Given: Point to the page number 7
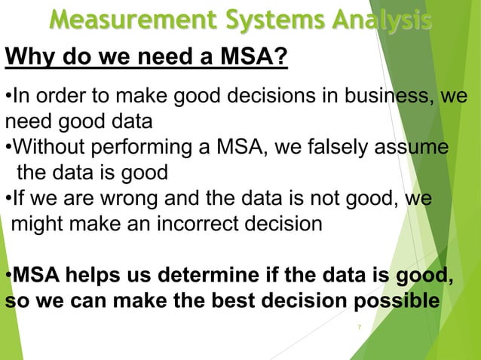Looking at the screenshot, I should (360, 327).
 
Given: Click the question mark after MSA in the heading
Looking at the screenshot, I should (280, 57).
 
